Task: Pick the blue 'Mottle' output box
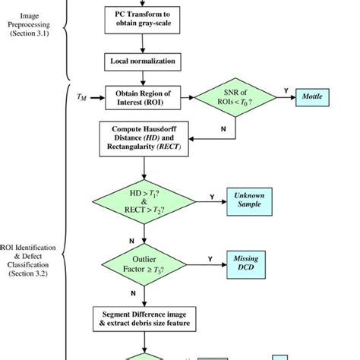[311, 97]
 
